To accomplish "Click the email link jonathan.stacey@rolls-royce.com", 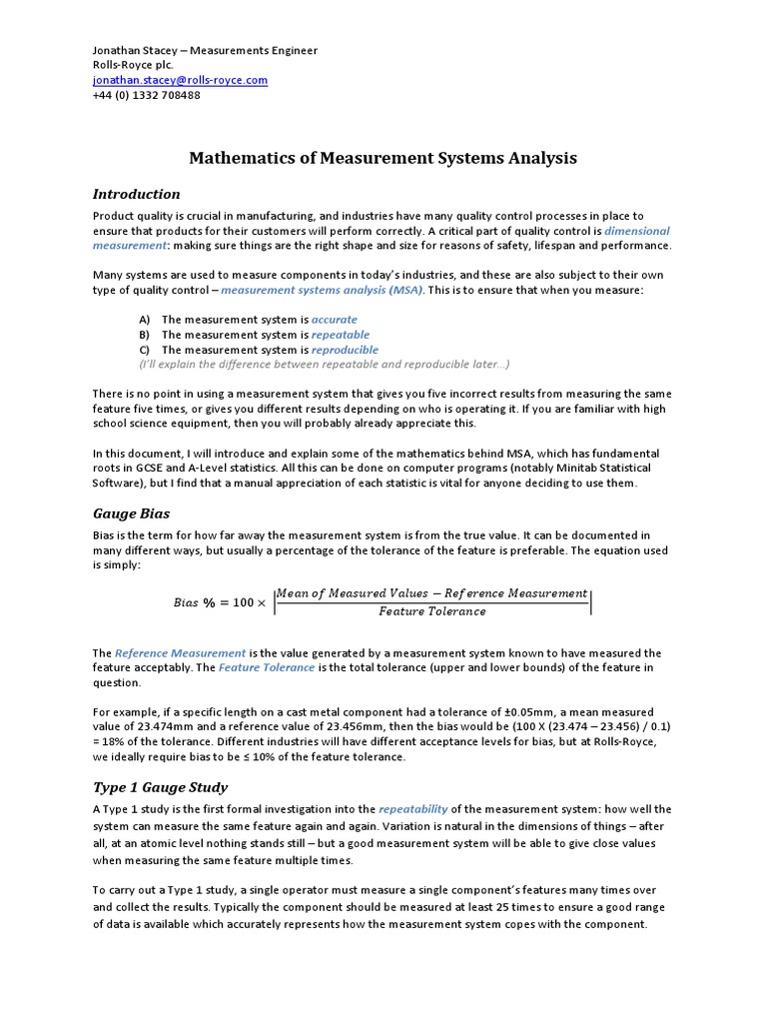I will tap(180, 80).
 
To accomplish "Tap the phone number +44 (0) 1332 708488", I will tap(147, 95).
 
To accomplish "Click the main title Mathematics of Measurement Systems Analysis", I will tap(383, 158).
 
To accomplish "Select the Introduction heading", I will tap(137, 194).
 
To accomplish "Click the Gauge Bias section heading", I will tap(132, 513).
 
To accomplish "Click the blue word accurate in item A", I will tap(334, 319).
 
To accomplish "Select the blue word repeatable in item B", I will tap(340, 335).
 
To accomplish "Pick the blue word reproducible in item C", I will tap(345, 350).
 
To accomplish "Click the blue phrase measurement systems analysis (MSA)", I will tap(322, 290).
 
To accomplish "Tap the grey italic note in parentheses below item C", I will tap(325, 364).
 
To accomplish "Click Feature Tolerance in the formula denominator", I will tap(432, 611).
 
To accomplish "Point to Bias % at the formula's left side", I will tap(195, 603).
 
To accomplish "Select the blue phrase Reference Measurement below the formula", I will tap(181, 652).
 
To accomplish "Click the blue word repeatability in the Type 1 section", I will tap(412, 809).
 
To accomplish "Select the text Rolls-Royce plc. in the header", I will tap(133, 65).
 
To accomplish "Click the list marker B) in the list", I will tap(144, 335).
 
